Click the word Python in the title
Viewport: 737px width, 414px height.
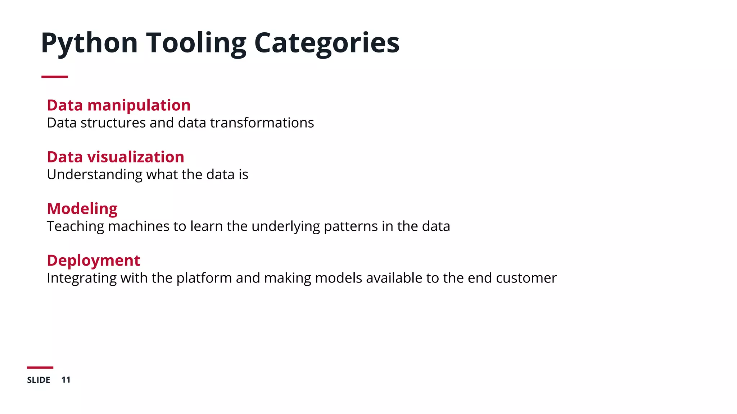pos(89,43)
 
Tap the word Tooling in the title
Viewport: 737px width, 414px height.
pos(196,43)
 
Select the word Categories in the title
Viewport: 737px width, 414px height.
pos(327,43)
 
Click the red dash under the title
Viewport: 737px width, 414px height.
pos(54,77)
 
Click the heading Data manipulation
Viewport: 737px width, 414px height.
pos(118,105)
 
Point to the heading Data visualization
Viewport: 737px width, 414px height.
pos(115,157)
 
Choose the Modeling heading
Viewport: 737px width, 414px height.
pos(82,209)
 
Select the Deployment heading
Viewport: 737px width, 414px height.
pos(93,261)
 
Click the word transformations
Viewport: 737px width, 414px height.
pos(262,123)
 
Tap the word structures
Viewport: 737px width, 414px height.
pos(113,123)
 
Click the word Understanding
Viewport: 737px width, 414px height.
pos(94,175)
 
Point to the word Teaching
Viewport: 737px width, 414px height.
pos(75,226)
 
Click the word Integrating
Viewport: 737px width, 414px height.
pos(81,279)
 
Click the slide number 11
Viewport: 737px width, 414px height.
pos(66,380)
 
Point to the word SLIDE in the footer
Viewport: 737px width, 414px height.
pos(39,380)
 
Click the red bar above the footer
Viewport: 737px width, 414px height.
pos(40,367)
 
